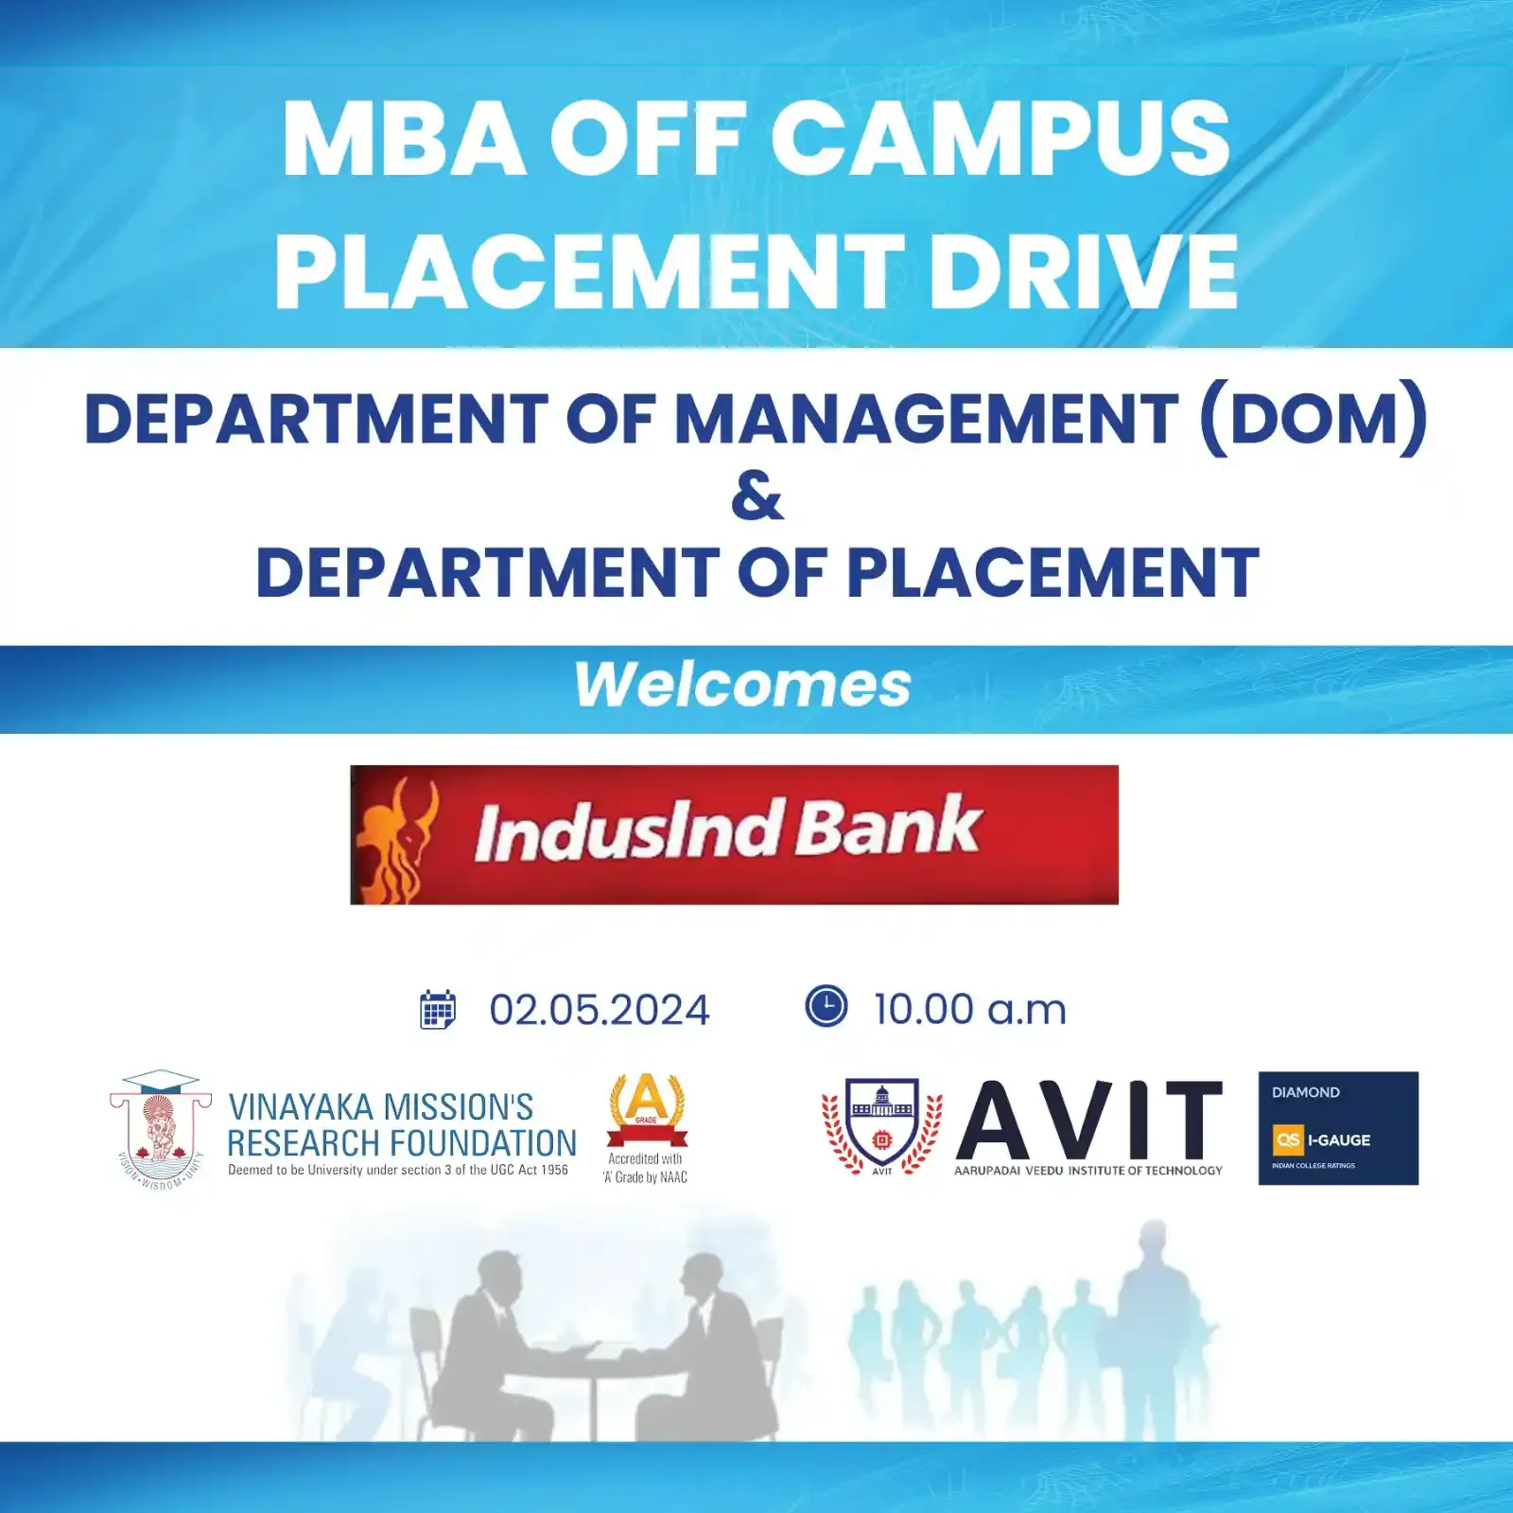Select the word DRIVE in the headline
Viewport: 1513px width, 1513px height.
click(1083, 271)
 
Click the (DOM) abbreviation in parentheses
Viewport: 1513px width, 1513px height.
click(1313, 418)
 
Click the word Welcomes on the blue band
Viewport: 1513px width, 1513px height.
click(743, 685)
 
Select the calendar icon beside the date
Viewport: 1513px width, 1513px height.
click(438, 1010)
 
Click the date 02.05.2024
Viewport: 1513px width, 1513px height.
click(600, 1010)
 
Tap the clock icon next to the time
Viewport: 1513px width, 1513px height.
click(826, 1006)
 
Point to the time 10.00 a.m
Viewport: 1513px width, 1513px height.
click(970, 1009)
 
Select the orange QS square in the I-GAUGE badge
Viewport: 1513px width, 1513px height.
click(1288, 1139)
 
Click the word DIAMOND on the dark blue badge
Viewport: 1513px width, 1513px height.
click(1306, 1092)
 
